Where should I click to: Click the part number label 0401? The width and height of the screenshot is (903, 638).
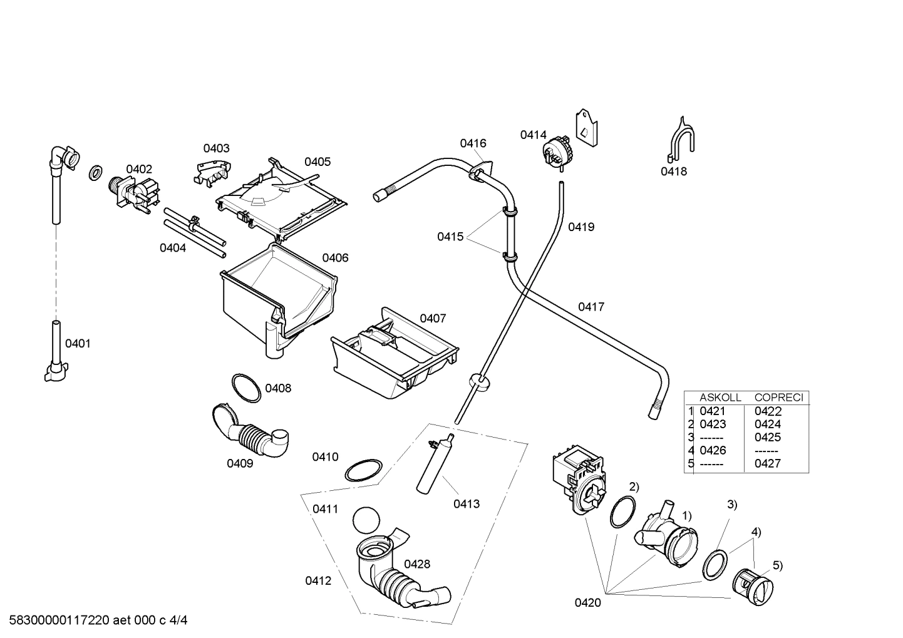pos(78,343)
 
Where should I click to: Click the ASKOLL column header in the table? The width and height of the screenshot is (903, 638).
pos(720,397)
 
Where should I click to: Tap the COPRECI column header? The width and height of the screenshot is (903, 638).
pos(778,397)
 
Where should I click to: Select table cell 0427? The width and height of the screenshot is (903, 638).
pos(768,463)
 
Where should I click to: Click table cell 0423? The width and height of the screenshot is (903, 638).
pos(712,424)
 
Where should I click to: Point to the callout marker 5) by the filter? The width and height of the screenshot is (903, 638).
pos(777,565)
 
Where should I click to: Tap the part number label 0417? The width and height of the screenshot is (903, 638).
pos(591,307)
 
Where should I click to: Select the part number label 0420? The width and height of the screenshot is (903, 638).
pos(587,603)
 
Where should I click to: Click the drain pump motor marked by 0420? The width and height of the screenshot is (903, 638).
pos(574,480)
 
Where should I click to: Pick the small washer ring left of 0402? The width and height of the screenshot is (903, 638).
pos(96,172)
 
